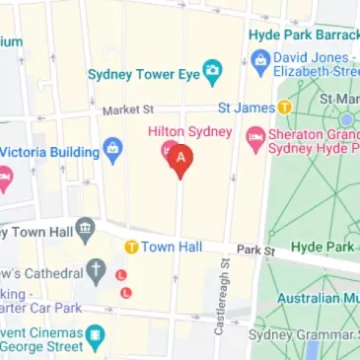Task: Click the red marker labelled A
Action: point(180,158)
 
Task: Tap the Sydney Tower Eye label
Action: point(143,73)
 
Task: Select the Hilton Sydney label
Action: point(189,132)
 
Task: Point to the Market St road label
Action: point(129,110)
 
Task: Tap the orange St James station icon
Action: point(284,107)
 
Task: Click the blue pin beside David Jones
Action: point(260,61)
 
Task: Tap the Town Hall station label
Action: point(172,246)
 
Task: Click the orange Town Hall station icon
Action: point(130,246)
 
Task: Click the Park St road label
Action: point(253,251)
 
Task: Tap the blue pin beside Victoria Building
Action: point(113,152)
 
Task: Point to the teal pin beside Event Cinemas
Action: point(95,338)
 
